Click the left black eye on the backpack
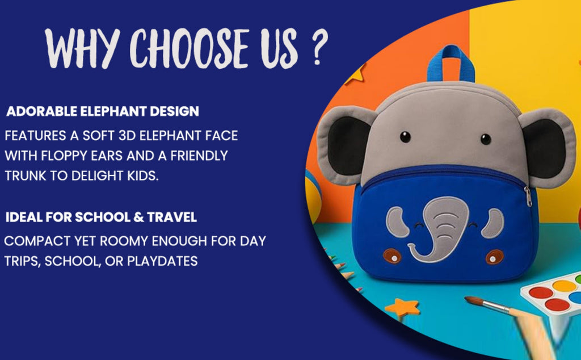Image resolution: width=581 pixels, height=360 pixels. pos(405,137)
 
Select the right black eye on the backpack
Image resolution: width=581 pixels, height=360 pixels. pos(486,139)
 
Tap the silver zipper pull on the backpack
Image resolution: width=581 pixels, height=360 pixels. pos(528,197)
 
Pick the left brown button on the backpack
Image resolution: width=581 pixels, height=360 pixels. pos(391,256)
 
